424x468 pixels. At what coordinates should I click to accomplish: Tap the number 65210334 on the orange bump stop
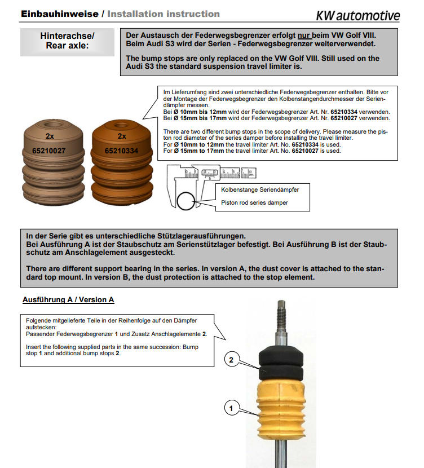tap(122, 151)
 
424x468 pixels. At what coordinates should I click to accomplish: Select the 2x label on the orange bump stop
tap(122, 136)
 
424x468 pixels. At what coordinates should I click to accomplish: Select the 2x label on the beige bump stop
tap(50, 136)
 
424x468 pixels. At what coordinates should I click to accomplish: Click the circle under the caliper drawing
tap(187, 200)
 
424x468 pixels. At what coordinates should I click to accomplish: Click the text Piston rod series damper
tap(254, 203)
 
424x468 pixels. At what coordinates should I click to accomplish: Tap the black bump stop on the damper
tap(282, 364)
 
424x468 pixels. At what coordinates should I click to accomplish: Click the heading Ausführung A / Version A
tap(68, 299)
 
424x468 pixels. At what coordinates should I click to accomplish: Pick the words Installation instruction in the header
tap(163, 14)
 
